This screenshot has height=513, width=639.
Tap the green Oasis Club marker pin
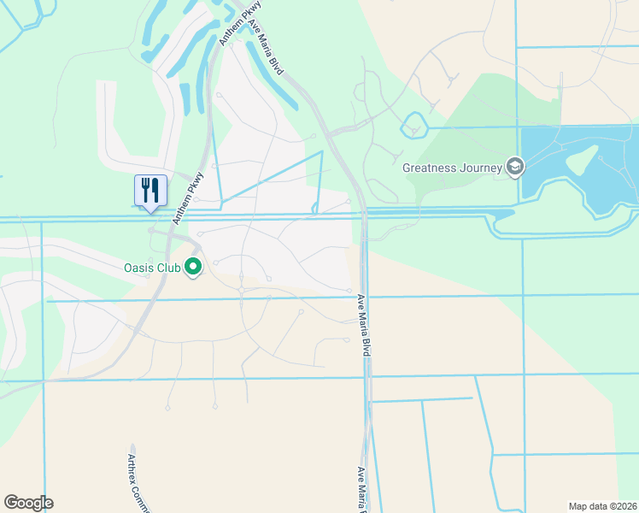(193, 268)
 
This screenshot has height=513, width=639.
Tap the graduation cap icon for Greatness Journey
(515, 167)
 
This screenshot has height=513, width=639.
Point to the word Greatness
(432, 168)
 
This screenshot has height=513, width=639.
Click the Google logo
(28, 503)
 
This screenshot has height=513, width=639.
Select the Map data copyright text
(603, 505)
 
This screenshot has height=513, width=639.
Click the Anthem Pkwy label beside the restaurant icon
(188, 198)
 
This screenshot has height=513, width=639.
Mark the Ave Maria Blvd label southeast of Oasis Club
(364, 325)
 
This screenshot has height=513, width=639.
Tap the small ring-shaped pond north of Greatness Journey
(414, 124)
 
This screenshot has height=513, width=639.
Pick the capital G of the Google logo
(12, 503)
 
